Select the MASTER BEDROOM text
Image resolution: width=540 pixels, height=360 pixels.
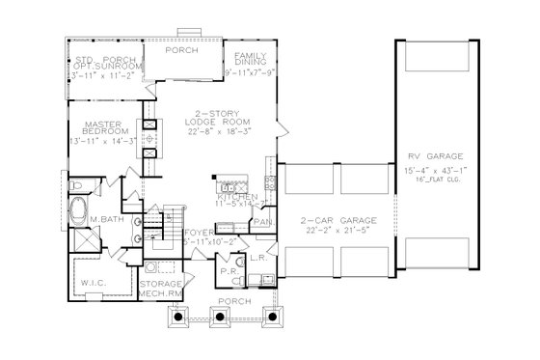[99, 129]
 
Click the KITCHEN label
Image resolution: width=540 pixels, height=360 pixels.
[235, 196]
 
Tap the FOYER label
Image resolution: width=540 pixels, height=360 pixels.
[199, 232]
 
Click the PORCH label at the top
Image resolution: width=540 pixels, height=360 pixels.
[181, 49]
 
